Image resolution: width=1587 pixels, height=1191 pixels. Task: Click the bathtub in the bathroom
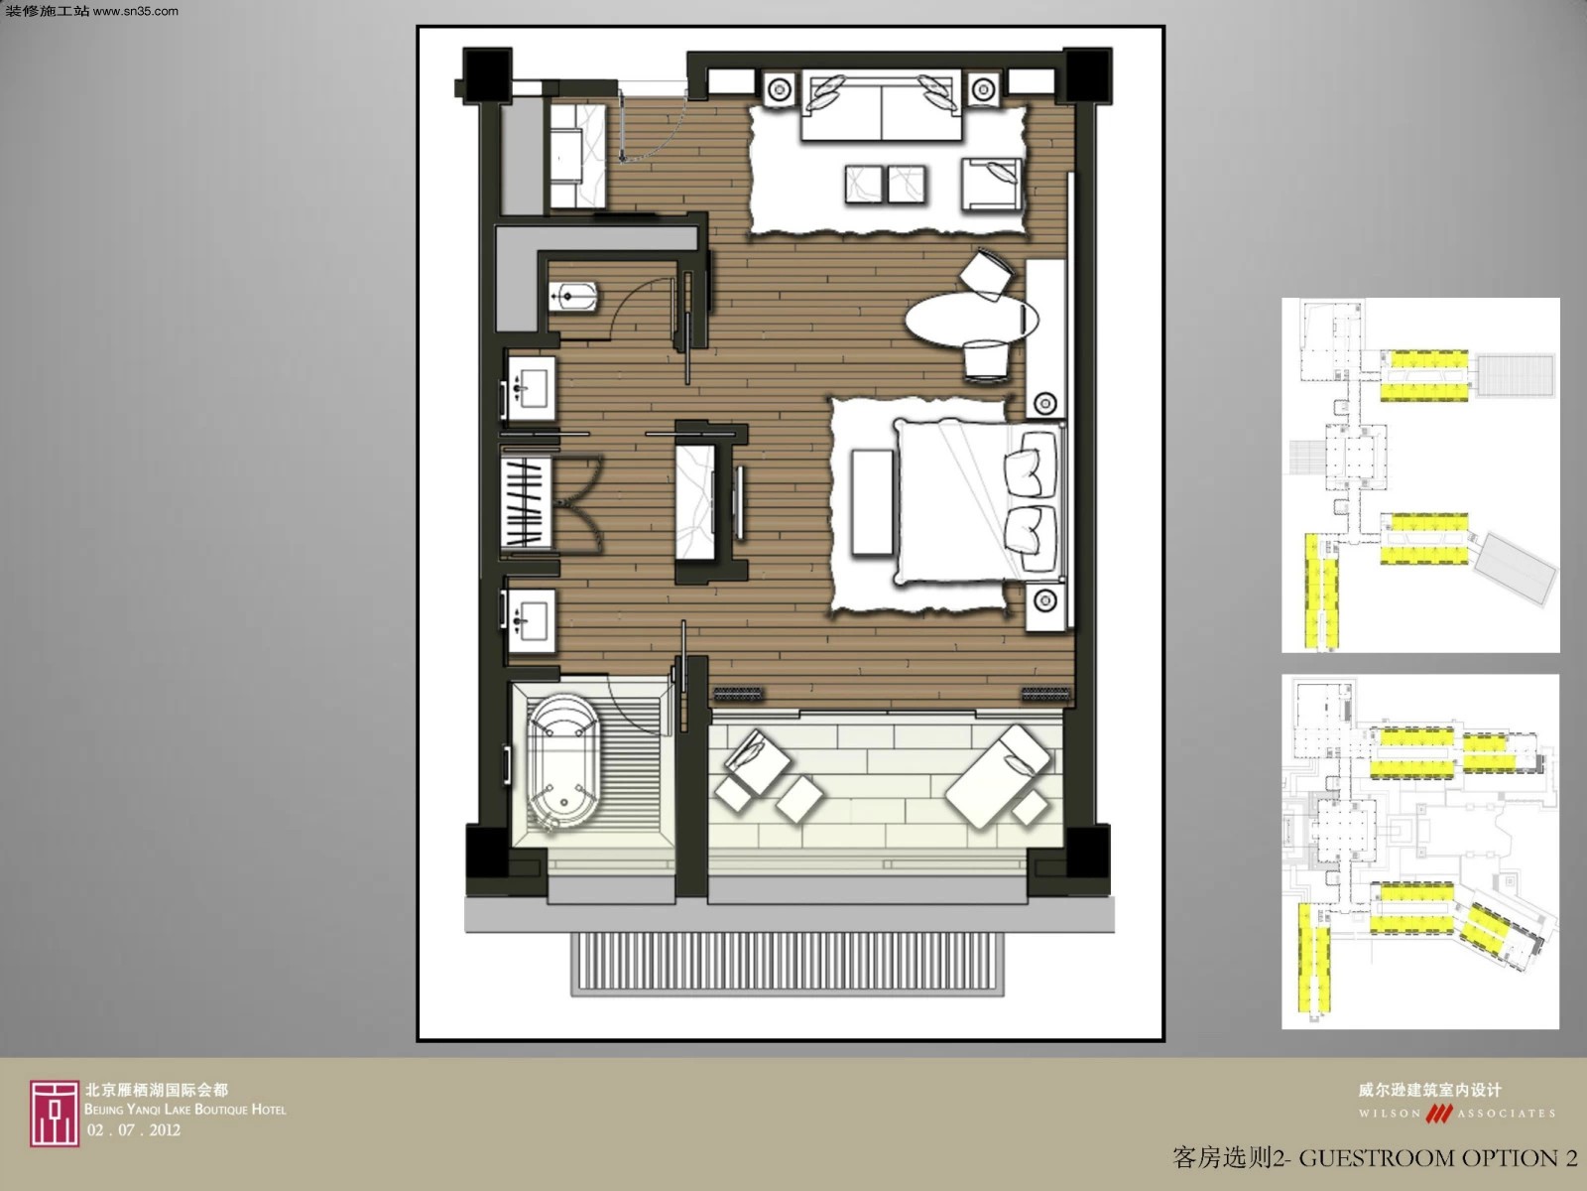point(563,760)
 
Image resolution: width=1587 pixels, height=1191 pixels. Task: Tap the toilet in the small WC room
point(572,297)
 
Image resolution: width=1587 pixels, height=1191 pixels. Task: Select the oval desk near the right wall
point(972,319)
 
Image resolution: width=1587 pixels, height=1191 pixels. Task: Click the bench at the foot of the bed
point(872,501)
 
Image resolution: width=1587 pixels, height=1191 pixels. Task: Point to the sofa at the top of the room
point(882,105)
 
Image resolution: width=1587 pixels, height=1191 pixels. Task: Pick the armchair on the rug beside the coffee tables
point(992,184)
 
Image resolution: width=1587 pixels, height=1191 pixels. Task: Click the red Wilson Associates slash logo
point(1439,1113)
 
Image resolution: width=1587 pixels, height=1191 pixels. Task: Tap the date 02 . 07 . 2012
point(133,1129)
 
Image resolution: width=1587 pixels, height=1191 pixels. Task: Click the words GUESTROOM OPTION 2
point(1438,1158)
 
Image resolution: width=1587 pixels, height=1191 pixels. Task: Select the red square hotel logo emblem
point(55,1114)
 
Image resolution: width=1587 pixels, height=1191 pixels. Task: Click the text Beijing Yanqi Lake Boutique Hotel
point(185,1110)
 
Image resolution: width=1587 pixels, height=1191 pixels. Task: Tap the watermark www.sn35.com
point(135,11)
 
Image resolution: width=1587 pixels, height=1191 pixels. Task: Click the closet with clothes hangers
point(526,501)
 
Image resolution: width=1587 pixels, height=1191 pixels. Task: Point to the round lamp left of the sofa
point(779,89)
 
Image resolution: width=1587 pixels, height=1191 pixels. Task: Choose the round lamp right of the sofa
point(983,89)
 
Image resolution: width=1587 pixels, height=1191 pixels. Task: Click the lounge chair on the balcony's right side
point(999,775)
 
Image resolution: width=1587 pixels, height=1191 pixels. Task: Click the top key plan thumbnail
point(1420,475)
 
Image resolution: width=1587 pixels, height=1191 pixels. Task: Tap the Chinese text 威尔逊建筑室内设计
point(1430,1090)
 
